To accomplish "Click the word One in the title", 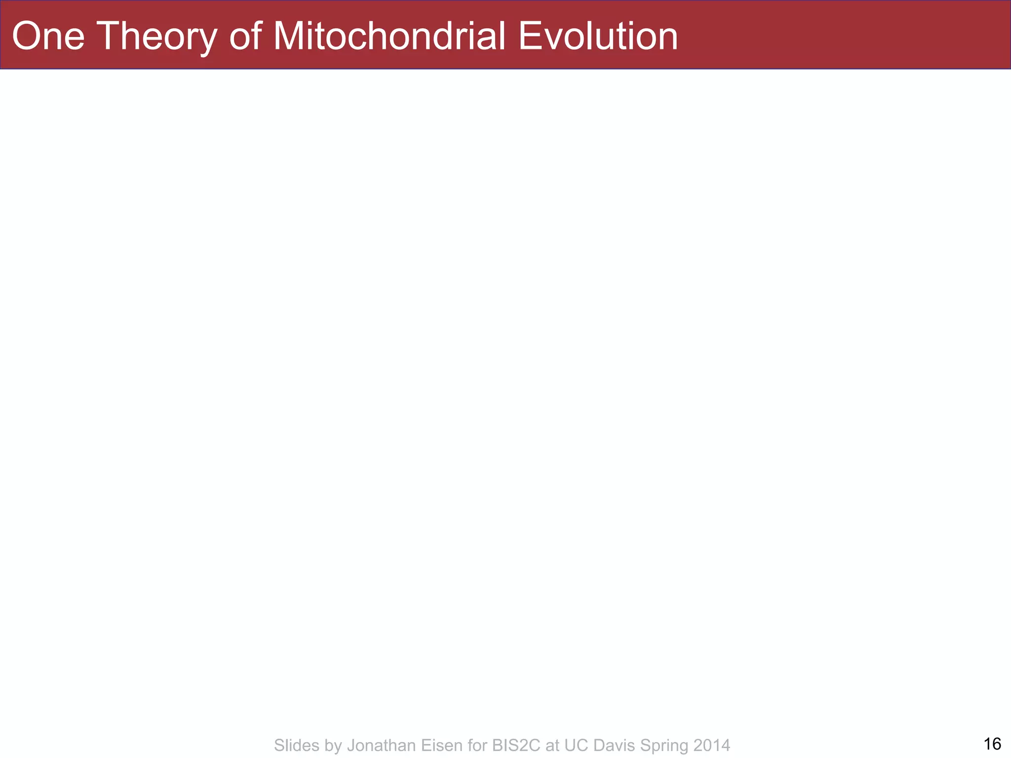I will pyautogui.click(x=48, y=36).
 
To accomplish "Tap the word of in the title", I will pyautogui.click(x=245, y=36).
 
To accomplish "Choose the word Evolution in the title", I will pyautogui.click(x=598, y=36).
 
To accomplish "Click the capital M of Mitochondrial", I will pyautogui.click(x=290, y=36).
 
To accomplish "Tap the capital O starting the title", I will pyautogui.click(x=25, y=36).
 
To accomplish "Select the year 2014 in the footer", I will pyautogui.click(x=711, y=745).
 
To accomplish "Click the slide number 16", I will pyautogui.click(x=992, y=744).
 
